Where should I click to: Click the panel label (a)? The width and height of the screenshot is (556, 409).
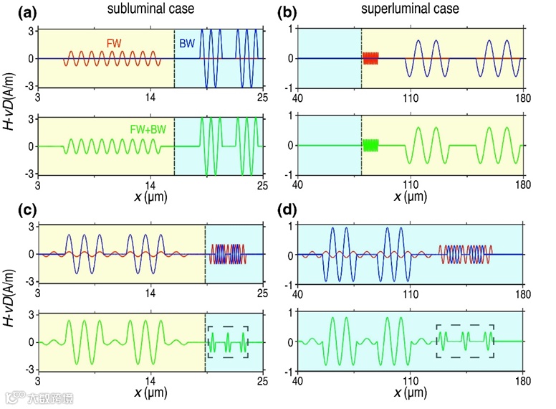(15, 11)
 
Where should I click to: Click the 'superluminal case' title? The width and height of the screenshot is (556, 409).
(422, 10)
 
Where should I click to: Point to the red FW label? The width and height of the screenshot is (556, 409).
(114, 42)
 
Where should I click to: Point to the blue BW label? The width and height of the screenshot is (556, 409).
(187, 42)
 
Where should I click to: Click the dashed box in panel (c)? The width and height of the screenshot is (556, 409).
(228, 342)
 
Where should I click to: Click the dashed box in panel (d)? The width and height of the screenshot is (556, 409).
(465, 342)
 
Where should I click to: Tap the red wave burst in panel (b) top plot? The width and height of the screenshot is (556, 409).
(370, 58)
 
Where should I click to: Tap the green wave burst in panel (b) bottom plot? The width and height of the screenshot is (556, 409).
(370, 146)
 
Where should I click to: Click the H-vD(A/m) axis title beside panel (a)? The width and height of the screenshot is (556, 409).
(12, 100)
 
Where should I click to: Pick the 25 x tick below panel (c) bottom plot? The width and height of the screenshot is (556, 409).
(262, 381)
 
